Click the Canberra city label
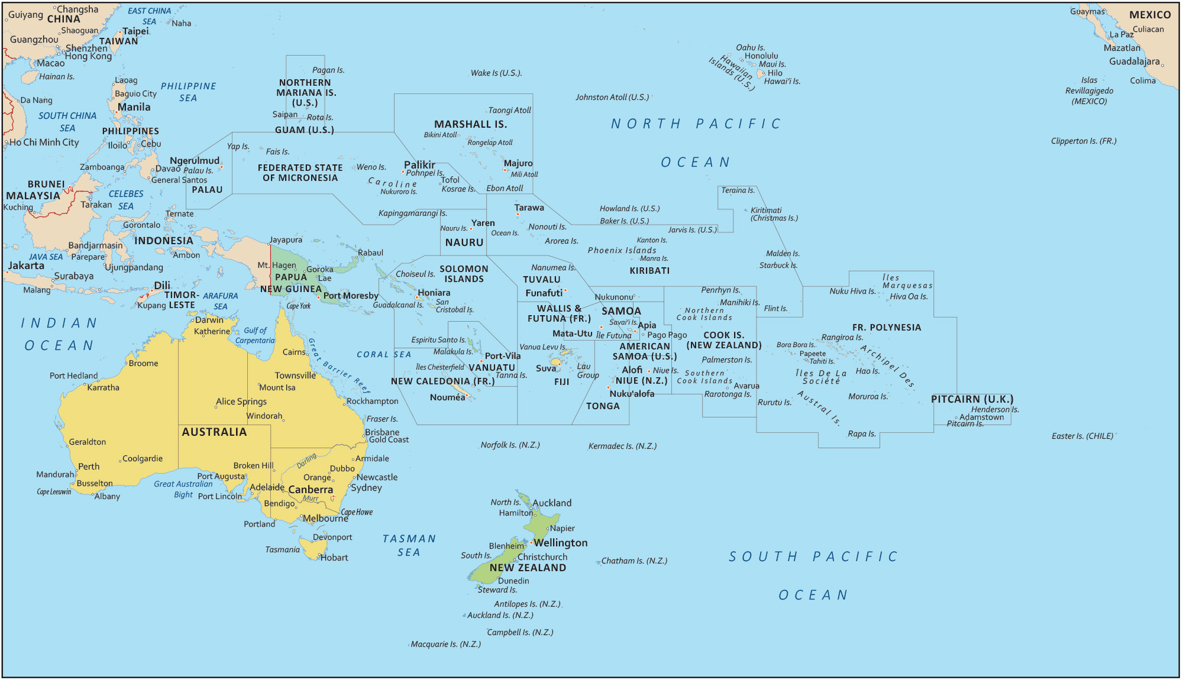[311, 490]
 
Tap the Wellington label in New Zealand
[561, 543]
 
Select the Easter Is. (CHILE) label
[1082, 436]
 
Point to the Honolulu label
[761, 56]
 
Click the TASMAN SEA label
[409, 545]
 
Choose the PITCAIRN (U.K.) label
[972, 399]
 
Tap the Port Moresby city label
[351, 296]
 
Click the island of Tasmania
[311, 547]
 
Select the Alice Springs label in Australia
[241, 401]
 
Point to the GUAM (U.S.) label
[305, 130]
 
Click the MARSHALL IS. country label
[471, 124]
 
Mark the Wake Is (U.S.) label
[496, 73]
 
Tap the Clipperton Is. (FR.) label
[1084, 141]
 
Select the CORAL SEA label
[384, 355]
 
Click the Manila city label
[134, 107]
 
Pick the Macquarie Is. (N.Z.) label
[446, 644]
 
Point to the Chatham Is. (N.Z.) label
[634, 561]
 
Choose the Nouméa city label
[447, 397]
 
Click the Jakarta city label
[26, 265]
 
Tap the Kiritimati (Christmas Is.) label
[774, 214]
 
